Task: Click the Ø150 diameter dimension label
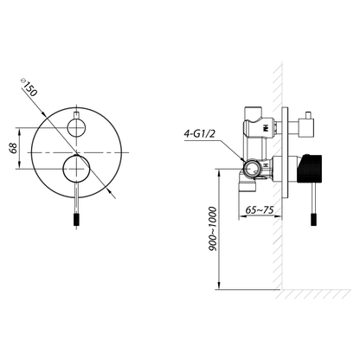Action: [x=29, y=87]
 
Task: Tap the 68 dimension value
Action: [x=13, y=148]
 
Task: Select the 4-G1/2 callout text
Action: [x=199, y=134]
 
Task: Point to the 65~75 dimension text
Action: [x=260, y=209]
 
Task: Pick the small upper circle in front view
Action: [x=76, y=127]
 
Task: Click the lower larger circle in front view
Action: [x=76, y=169]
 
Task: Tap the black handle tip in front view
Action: [x=76, y=220]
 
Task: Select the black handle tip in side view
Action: [x=314, y=220]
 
